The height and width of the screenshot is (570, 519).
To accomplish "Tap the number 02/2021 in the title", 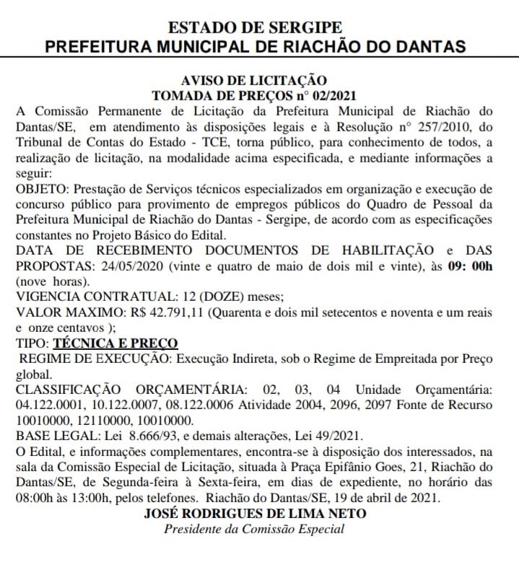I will (333, 95).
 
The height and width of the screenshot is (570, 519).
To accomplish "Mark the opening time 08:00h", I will (33, 499).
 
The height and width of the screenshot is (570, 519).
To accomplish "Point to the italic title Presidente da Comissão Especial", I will (255, 530).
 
